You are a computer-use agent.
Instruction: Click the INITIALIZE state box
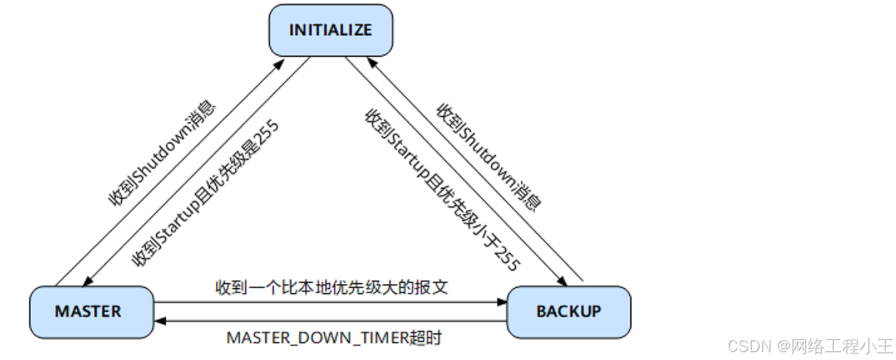click(x=331, y=30)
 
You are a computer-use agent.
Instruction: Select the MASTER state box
click(x=92, y=311)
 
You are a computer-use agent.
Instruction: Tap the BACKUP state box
click(x=569, y=311)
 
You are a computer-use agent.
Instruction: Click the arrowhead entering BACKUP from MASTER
click(x=501, y=302)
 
